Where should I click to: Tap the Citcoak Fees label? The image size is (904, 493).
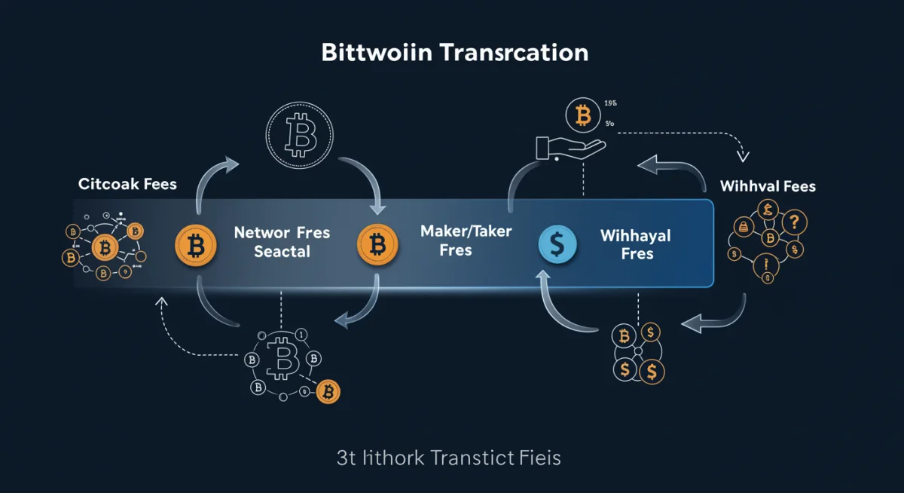pyautogui.click(x=127, y=184)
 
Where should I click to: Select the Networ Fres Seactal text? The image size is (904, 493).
pyautogui.click(x=282, y=242)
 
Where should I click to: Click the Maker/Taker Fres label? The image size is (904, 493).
pyautogui.click(x=466, y=240)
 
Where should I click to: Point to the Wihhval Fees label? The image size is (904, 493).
pyautogui.click(x=768, y=185)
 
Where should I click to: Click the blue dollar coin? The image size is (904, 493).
pyautogui.click(x=558, y=243)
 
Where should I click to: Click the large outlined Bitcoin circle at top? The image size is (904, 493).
pyautogui.click(x=299, y=136)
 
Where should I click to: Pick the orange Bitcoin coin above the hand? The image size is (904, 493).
pyautogui.click(x=582, y=115)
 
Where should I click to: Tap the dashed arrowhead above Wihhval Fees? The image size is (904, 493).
pyautogui.click(x=743, y=158)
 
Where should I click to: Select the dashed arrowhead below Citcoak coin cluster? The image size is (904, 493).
pyautogui.click(x=160, y=303)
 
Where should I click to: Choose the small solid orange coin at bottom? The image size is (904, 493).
pyautogui.click(x=328, y=391)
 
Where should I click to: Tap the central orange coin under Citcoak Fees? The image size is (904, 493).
pyautogui.click(x=105, y=246)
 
